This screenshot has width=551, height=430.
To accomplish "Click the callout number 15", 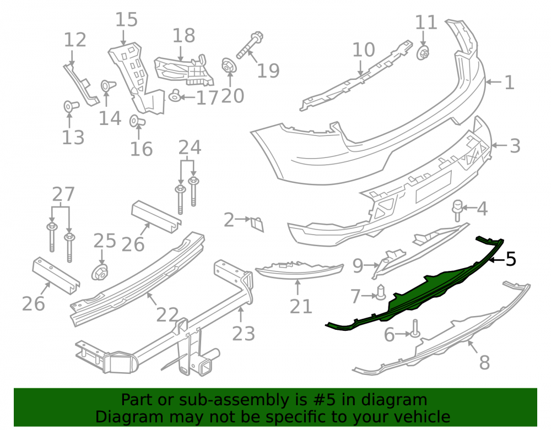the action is (127, 20).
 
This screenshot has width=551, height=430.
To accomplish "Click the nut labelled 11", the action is (423, 53).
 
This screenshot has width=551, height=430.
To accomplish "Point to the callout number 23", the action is (244, 334).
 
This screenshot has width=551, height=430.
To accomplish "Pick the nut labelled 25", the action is (100, 273).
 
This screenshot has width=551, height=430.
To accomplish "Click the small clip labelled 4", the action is (457, 210).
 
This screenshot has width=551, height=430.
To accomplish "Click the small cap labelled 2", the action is (257, 224).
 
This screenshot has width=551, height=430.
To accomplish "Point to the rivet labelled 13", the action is (71, 106).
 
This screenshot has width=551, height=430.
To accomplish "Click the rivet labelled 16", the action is (137, 121).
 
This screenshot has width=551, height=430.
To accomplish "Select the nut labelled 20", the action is (229, 66).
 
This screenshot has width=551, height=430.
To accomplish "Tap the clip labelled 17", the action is (175, 95).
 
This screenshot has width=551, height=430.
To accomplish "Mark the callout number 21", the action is (301, 307).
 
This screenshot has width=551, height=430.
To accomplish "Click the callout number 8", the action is (484, 362).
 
